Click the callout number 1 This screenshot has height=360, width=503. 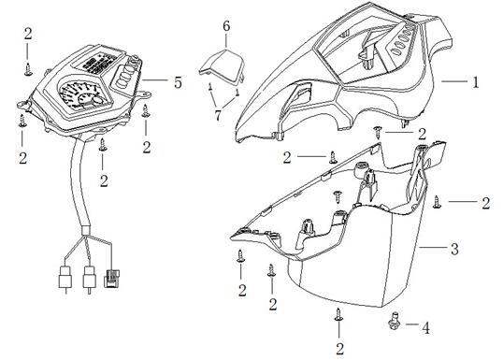pyautogui.click(x=476, y=82)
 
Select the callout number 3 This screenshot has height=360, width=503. pyautogui.click(x=454, y=249)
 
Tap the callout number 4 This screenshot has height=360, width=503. pyautogui.click(x=425, y=328)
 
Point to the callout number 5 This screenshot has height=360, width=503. pyautogui.click(x=178, y=82)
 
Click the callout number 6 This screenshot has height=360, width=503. pyautogui.click(x=226, y=26)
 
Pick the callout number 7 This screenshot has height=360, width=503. pyautogui.click(x=218, y=115)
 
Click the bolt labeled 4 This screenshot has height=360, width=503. pyautogui.click(x=394, y=321)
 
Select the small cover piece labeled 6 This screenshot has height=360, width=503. pyautogui.click(x=223, y=67)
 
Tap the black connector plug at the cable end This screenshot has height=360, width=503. pyautogui.click(x=111, y=279)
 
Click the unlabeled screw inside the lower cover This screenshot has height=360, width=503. pyautogui.click(x=338, y=197)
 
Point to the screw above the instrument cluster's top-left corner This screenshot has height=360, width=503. pyautogui.click(x=28, y=69)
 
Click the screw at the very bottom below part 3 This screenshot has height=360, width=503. pyautogui.click(x=338, y=314)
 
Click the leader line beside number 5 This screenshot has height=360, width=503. pyautogui.click(x=155, y=80)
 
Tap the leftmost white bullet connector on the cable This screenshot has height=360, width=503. pyautogui.click(x=65, y=277)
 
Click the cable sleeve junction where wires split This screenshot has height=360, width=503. pyautogui.click(x=86, y=230)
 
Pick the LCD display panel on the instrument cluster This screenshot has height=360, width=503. pyautogui.click(x=96, y=62)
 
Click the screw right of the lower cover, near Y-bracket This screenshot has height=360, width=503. pyautogui.click(x=437, y=202)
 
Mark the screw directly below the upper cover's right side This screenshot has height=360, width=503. pyautogui.click(x=378, y=132)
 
